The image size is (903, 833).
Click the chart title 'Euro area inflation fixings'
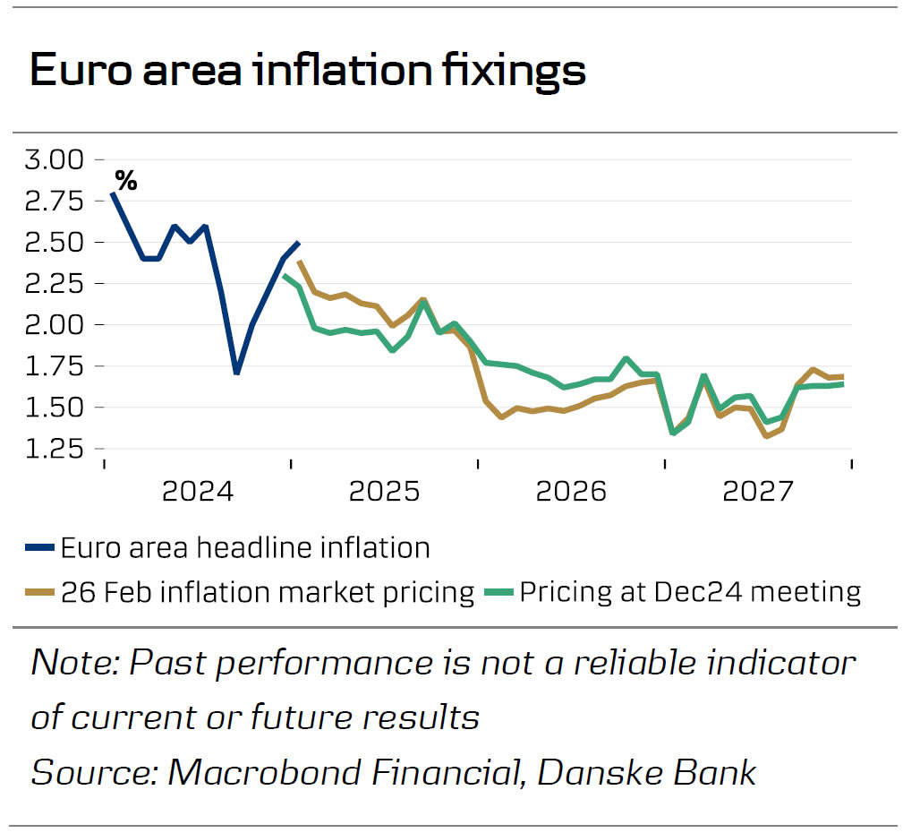point(308,71)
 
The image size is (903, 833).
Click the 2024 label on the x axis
point(198,491)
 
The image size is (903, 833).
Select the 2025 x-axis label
point(385,491)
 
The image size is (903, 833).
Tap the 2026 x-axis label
point(571,491)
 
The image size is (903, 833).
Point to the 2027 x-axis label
point(758,491)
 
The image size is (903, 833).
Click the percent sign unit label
point(126,182)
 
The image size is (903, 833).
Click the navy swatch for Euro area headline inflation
point(41,547)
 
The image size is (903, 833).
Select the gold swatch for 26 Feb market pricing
point(41,592)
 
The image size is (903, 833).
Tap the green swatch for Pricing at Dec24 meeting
point(498,592)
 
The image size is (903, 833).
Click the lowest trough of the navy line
point(235,373)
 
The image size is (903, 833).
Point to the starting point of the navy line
point(112,193)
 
